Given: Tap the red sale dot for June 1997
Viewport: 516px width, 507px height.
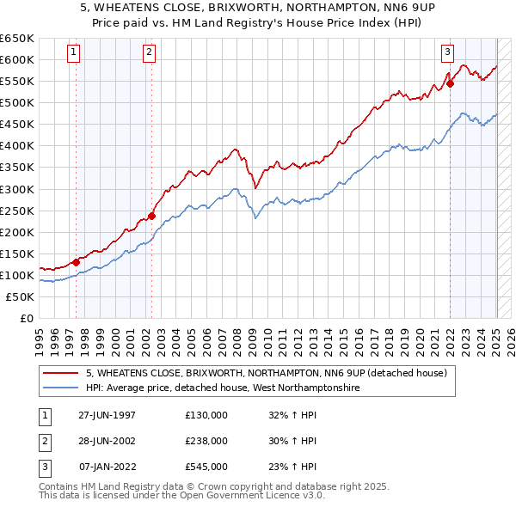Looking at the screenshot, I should coord(76,262).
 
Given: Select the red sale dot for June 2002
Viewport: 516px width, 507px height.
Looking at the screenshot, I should coord(151,216).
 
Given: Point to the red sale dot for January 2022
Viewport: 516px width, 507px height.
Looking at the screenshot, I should coord(450,83).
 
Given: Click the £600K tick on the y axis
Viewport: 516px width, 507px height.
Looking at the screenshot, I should coord(17,60).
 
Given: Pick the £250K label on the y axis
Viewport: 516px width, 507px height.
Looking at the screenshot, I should coord(17,211).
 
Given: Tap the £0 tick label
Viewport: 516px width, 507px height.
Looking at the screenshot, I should coord(26,318).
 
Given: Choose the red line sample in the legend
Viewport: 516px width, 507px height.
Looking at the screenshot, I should coord(61,373).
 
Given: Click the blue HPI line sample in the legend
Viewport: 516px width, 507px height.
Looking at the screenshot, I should coord(61,388).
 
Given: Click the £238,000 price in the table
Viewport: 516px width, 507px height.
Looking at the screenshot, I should coord(206,441).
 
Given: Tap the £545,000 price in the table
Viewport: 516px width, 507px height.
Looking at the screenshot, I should coord(206,467).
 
